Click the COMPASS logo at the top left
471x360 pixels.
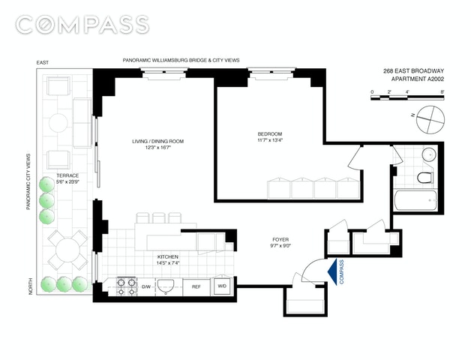pyautogui.click(x=82, y=24)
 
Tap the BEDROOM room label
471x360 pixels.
pyautogui.click(x=270, y=134)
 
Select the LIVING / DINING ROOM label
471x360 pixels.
pyautogui.click(x=157, y=142)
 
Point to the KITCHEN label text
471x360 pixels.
pyautogui.click(x=168, y=257)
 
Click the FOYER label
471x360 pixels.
pyautogui.click(x=280, y=239)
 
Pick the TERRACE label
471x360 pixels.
pyautogui.click(x=67, y=175)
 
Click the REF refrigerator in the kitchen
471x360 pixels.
pyautogui.click(x=196, y=286)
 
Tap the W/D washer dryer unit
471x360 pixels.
pyautogui.click(x=222, y=286)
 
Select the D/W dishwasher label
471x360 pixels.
pyautogui.click(x=146, y=286)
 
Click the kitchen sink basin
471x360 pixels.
pyautogui.click(x=166, y=286)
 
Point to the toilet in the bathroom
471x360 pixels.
pyautogui.click(x=425, y=178)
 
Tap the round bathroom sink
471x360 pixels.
pyautogui.click(x=430, y=154)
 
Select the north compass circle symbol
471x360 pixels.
pyautogui.click(x=430, y=120)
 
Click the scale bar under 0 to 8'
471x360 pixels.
pyautogui.click(x=407, y=97)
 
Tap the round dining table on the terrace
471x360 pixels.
pyautogui.click(x=68, y=249)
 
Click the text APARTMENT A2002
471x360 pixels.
pyautogui.click(x=417, y=79)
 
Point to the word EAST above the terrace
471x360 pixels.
pyautogui.click(x=42, y=63)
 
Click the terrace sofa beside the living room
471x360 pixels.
pyautogui.click(x=82, y=123)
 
